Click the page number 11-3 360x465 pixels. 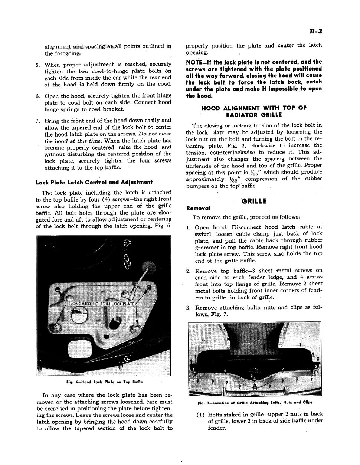[315, 32]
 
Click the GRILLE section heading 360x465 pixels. [254, 201]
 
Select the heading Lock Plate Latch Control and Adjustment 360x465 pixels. [94, 182]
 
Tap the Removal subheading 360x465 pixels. [198, 208]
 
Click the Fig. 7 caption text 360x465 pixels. [255, 402]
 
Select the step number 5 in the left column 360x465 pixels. [37, 65]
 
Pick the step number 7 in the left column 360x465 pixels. [37, 121]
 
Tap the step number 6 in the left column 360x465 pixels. [37, 96]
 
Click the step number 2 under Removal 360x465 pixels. [188, 271]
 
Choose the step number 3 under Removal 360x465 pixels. [188, 308]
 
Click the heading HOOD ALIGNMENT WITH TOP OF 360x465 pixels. [254, 108]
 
